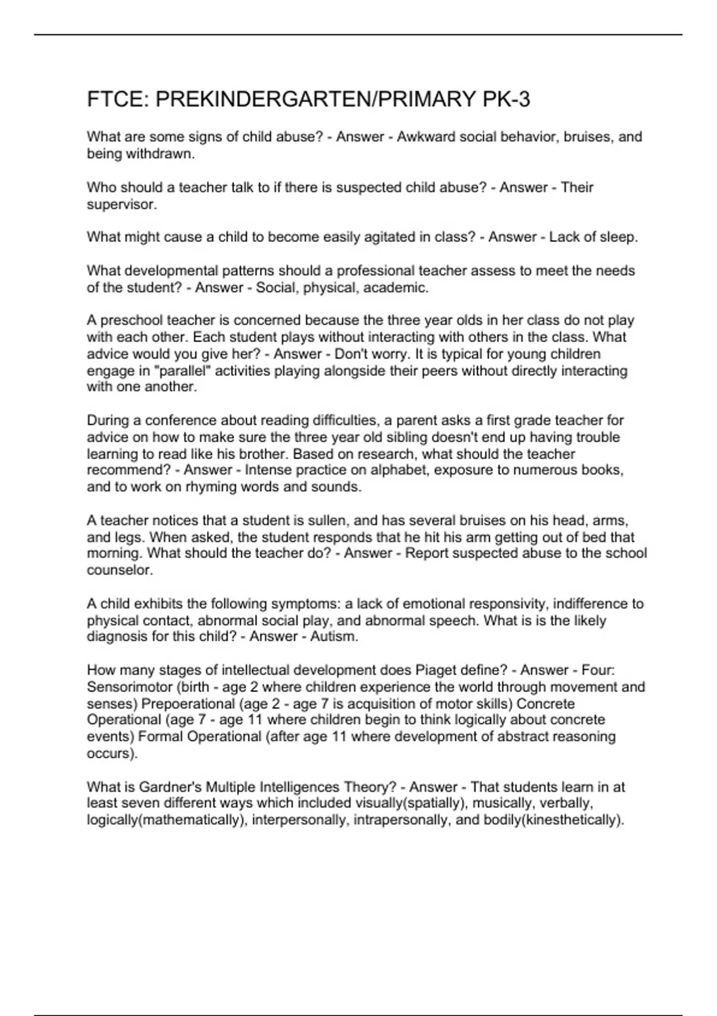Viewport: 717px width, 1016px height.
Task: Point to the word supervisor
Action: click(121, 204)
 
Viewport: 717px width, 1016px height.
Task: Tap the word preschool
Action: click(132, 320)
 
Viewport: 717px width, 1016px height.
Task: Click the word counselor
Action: click(119, 570)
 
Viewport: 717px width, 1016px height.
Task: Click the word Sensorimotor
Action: click(125, 687)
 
